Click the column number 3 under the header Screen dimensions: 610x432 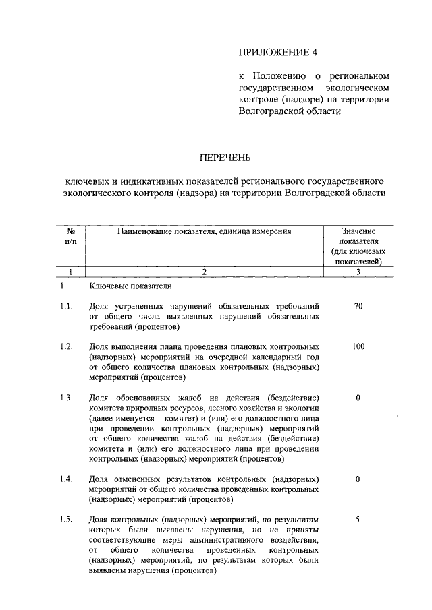[x=358, y=272]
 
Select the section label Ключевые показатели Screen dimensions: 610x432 [x=125, y=286]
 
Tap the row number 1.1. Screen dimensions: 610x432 [x=65, y=307]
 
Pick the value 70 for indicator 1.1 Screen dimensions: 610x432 [x=358, y=307]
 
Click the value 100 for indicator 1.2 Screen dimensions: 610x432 [x=358, y=346]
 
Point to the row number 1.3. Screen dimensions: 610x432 [x=65, y=397]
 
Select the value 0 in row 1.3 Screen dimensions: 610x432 [x=358, y=397]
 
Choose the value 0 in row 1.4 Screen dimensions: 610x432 [x=358, y=479]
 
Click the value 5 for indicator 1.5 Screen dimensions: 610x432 [x=358, y=519]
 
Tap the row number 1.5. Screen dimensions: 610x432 [x=65, y=519]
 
